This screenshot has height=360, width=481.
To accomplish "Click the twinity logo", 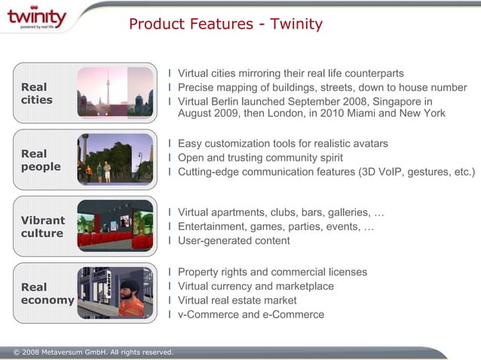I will [36, 18].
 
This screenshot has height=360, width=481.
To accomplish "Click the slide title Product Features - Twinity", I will [225, 24].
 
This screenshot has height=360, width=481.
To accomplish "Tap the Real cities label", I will [37, 93].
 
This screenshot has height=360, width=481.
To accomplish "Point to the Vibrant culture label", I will [42, 227].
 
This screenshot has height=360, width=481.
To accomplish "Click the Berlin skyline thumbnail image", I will [115, 92].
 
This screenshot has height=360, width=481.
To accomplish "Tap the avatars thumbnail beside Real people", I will [115, 159].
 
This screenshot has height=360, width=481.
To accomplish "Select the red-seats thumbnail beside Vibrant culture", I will [115, 226].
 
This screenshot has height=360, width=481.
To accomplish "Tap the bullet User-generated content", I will [234, 241].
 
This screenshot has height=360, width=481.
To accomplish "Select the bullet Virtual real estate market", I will [237, 300].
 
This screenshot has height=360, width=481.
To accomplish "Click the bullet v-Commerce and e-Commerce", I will [251, 314].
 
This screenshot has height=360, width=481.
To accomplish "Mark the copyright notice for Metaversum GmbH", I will [88, 352].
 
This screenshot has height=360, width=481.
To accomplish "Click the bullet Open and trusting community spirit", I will [260, 157].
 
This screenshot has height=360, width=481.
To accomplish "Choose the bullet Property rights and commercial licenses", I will [272, 271].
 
